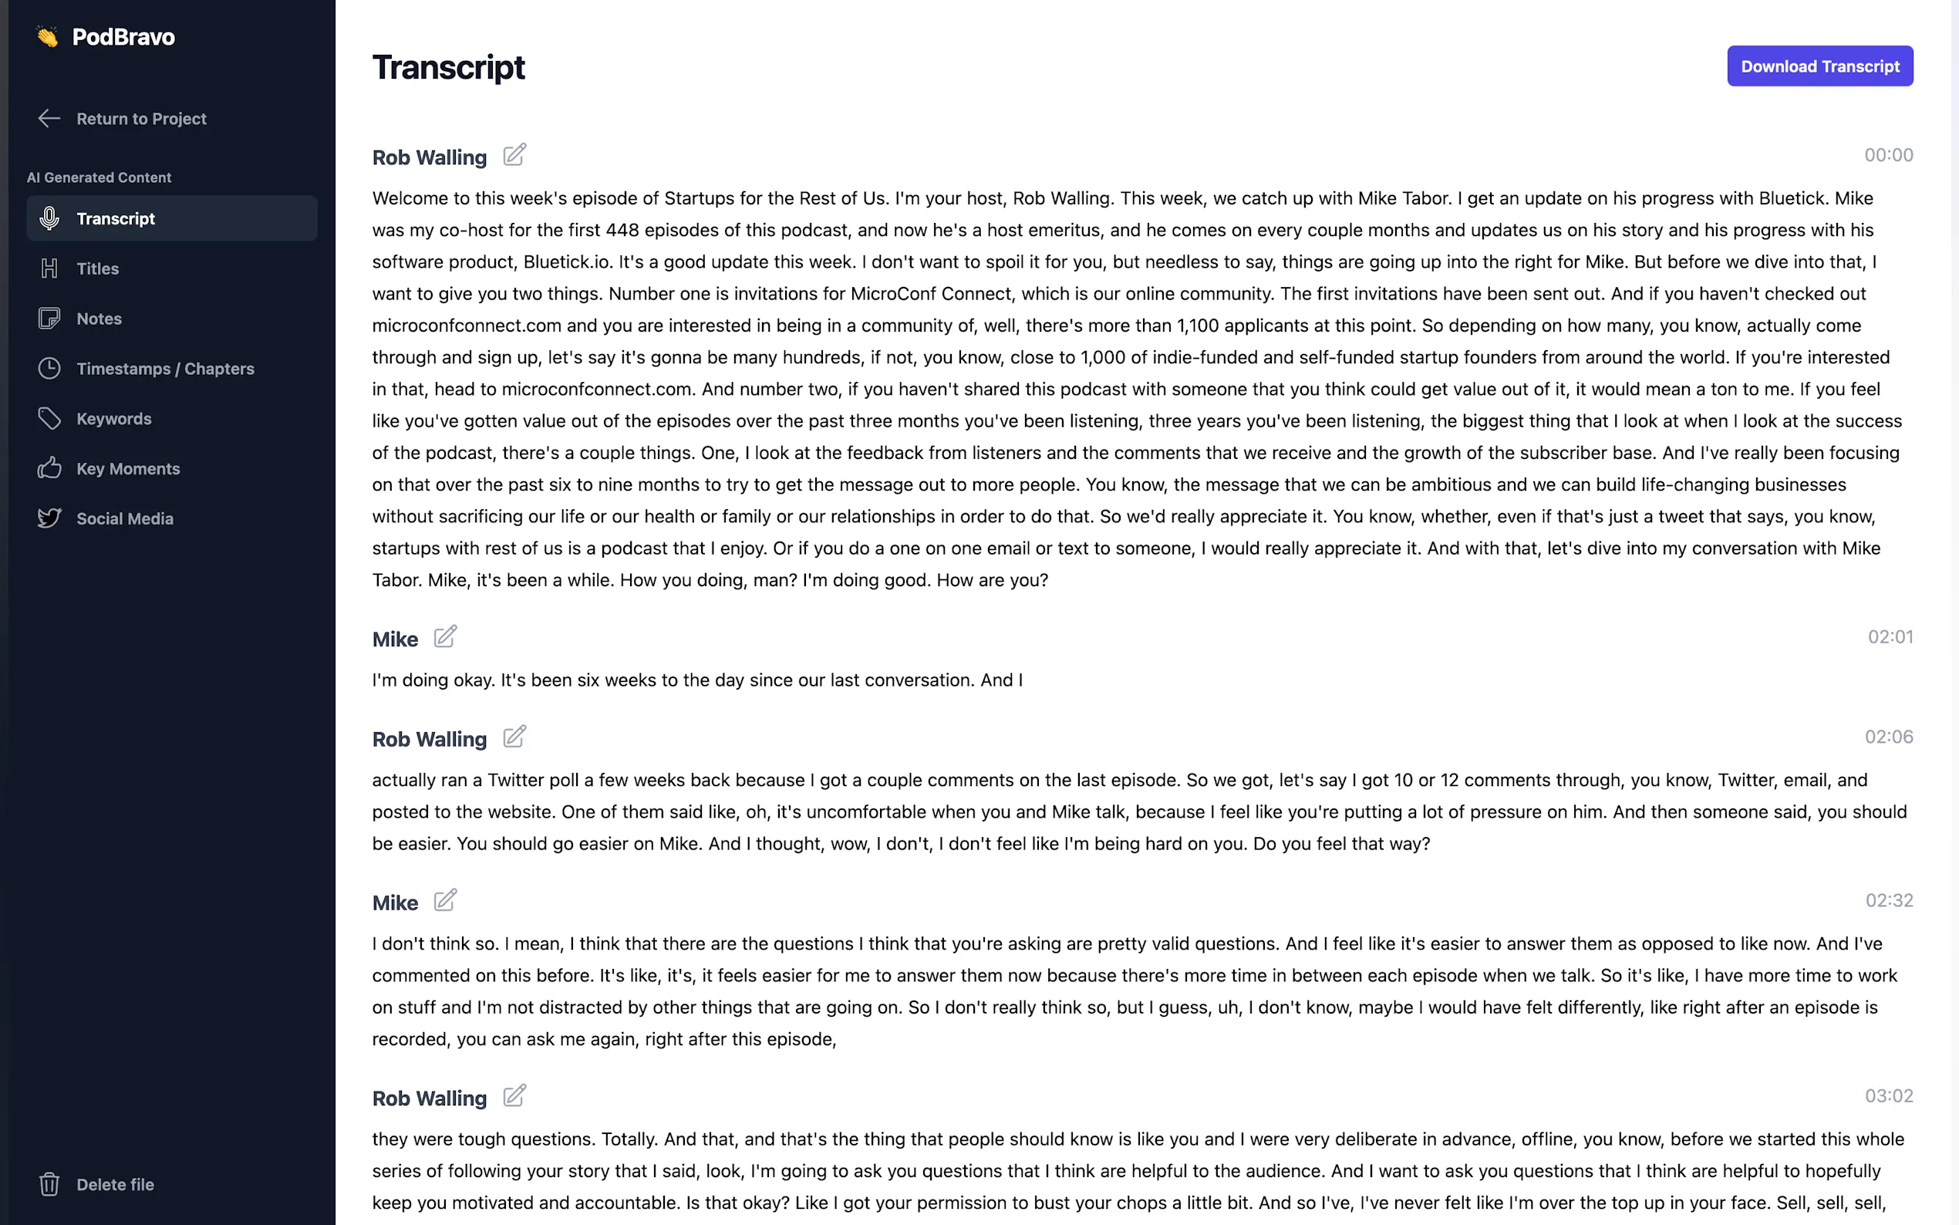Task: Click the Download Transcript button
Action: [1819, 66]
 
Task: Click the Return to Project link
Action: [140, 119]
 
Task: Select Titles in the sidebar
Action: [97, 269]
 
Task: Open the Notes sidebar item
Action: [99, 319]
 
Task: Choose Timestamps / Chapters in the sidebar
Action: [164, 370]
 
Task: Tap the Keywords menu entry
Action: [113, 419]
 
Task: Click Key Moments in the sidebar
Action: [128, 469]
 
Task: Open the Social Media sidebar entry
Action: [125, 519]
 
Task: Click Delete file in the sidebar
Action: [114, 1184]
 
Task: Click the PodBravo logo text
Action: [123, 37]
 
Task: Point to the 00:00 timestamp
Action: [1888, 156]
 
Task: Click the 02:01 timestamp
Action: [1890, 638]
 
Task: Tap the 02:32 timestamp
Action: [1889, 901]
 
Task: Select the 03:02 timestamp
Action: [1888, 1096]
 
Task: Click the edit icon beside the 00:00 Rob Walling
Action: [514, 155]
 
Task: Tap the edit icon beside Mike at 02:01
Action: [444, 637]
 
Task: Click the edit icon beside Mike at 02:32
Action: [444, 900]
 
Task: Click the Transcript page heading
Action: [448, 68]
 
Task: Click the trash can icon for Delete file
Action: [49, 1184]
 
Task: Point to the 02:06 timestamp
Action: [1888, 737]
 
